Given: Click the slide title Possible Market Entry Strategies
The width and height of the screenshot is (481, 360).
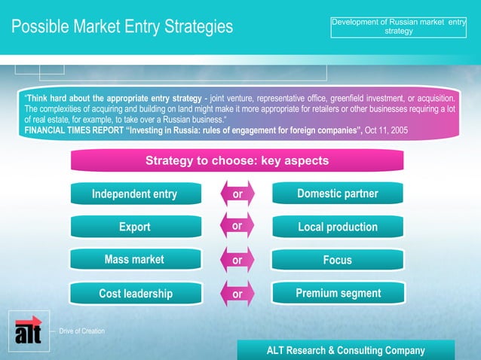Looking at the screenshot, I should [122, 27].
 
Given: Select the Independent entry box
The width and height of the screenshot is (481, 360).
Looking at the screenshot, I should [134, 194].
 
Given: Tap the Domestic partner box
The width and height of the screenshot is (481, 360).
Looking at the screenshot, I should [337, 194].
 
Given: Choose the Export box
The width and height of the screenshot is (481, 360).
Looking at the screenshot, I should [134, 227].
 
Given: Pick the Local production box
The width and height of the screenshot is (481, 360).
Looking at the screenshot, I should [337, 227].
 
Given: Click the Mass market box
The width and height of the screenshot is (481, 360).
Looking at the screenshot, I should [134, 260].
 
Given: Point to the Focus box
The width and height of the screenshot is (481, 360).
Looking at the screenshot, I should [337, 260].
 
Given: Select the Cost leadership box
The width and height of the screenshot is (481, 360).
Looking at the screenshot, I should [136, 294].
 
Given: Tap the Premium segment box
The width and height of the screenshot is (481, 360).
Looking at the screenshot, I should [337, 293].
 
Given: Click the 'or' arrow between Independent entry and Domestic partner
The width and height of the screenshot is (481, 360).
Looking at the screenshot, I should [237, 194].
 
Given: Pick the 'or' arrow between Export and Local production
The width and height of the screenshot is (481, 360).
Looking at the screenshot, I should [237, 226].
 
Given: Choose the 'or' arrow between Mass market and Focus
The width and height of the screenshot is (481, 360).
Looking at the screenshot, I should [237, 261].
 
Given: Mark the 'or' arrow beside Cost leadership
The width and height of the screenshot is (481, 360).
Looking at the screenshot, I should [237, 294].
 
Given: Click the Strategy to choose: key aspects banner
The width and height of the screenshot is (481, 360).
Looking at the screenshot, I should [237, 161].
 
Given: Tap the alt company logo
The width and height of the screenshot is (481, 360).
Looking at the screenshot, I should [29, 331].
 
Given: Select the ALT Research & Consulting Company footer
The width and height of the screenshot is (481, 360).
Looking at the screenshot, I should [346, 350].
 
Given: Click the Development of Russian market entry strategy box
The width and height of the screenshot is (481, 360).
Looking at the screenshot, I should [398, 26].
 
